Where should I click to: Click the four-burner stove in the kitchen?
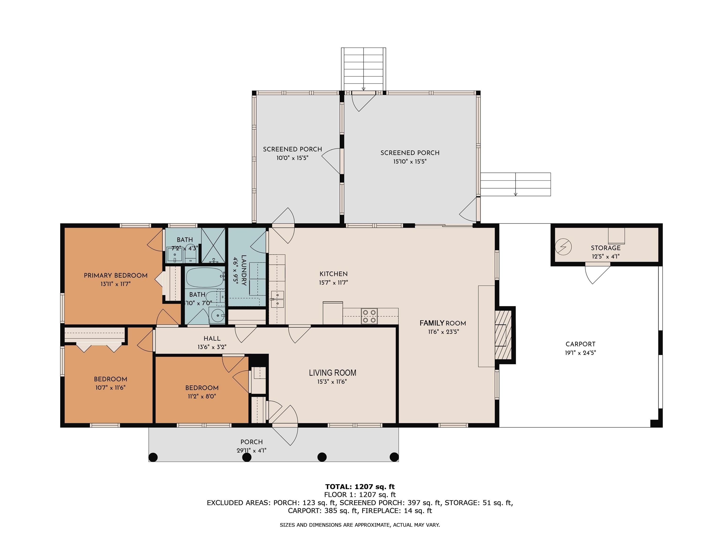tap(369, 316)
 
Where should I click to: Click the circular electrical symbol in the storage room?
tap(563, 247)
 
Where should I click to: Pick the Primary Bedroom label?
tap(116, 275)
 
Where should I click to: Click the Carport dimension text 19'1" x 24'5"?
tap(580, 352)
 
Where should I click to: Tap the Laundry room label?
tap(244, 270)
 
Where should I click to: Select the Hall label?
tap(212, 338)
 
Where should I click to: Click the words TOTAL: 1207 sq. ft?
tap(360, 487)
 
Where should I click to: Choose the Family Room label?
tap(443, 323)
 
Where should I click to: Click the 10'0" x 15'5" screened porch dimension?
tap(292, 158)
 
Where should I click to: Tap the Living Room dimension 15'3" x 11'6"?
tap(332, 382)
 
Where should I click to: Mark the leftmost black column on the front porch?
tap(153, 457)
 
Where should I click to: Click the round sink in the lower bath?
tap(217, 315)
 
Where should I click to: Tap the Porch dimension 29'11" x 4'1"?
tap(251, 450)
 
